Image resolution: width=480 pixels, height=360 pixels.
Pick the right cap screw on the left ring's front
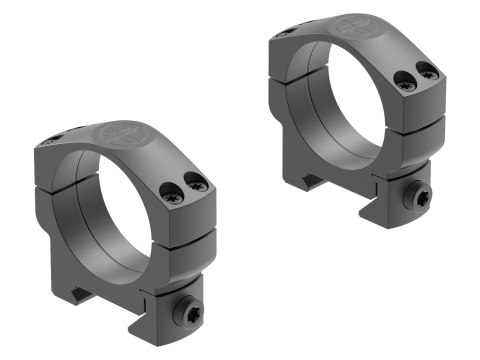200,184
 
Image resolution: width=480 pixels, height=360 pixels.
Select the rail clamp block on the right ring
409,197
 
